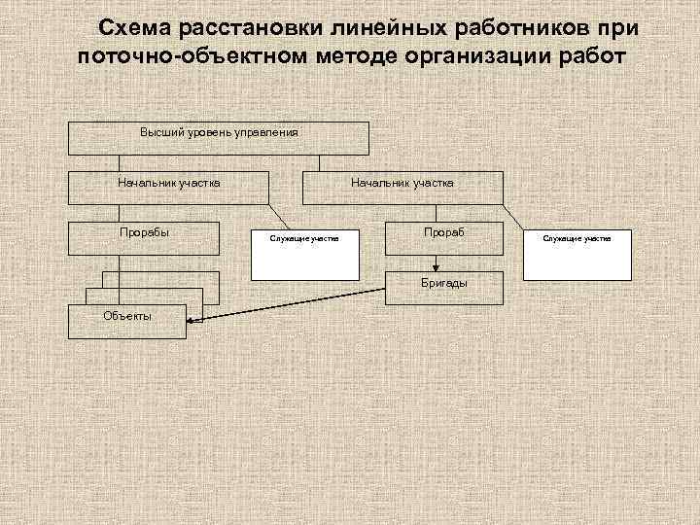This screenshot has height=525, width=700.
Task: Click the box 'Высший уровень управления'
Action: [x=218, y=138]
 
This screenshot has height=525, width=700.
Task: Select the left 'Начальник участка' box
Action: [x=168, y=188]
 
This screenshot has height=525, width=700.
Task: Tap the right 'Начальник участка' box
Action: [x=402, y=188]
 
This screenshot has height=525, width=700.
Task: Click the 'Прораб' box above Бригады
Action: [x=444, y=239]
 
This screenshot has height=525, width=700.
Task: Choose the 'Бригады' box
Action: [x=444, y=282]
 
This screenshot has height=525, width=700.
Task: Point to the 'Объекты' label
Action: [x=127, y=316]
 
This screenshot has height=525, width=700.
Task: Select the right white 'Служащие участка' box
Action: [x=577, y=254]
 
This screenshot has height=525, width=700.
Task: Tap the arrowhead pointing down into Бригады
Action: [x=437, y=264]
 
